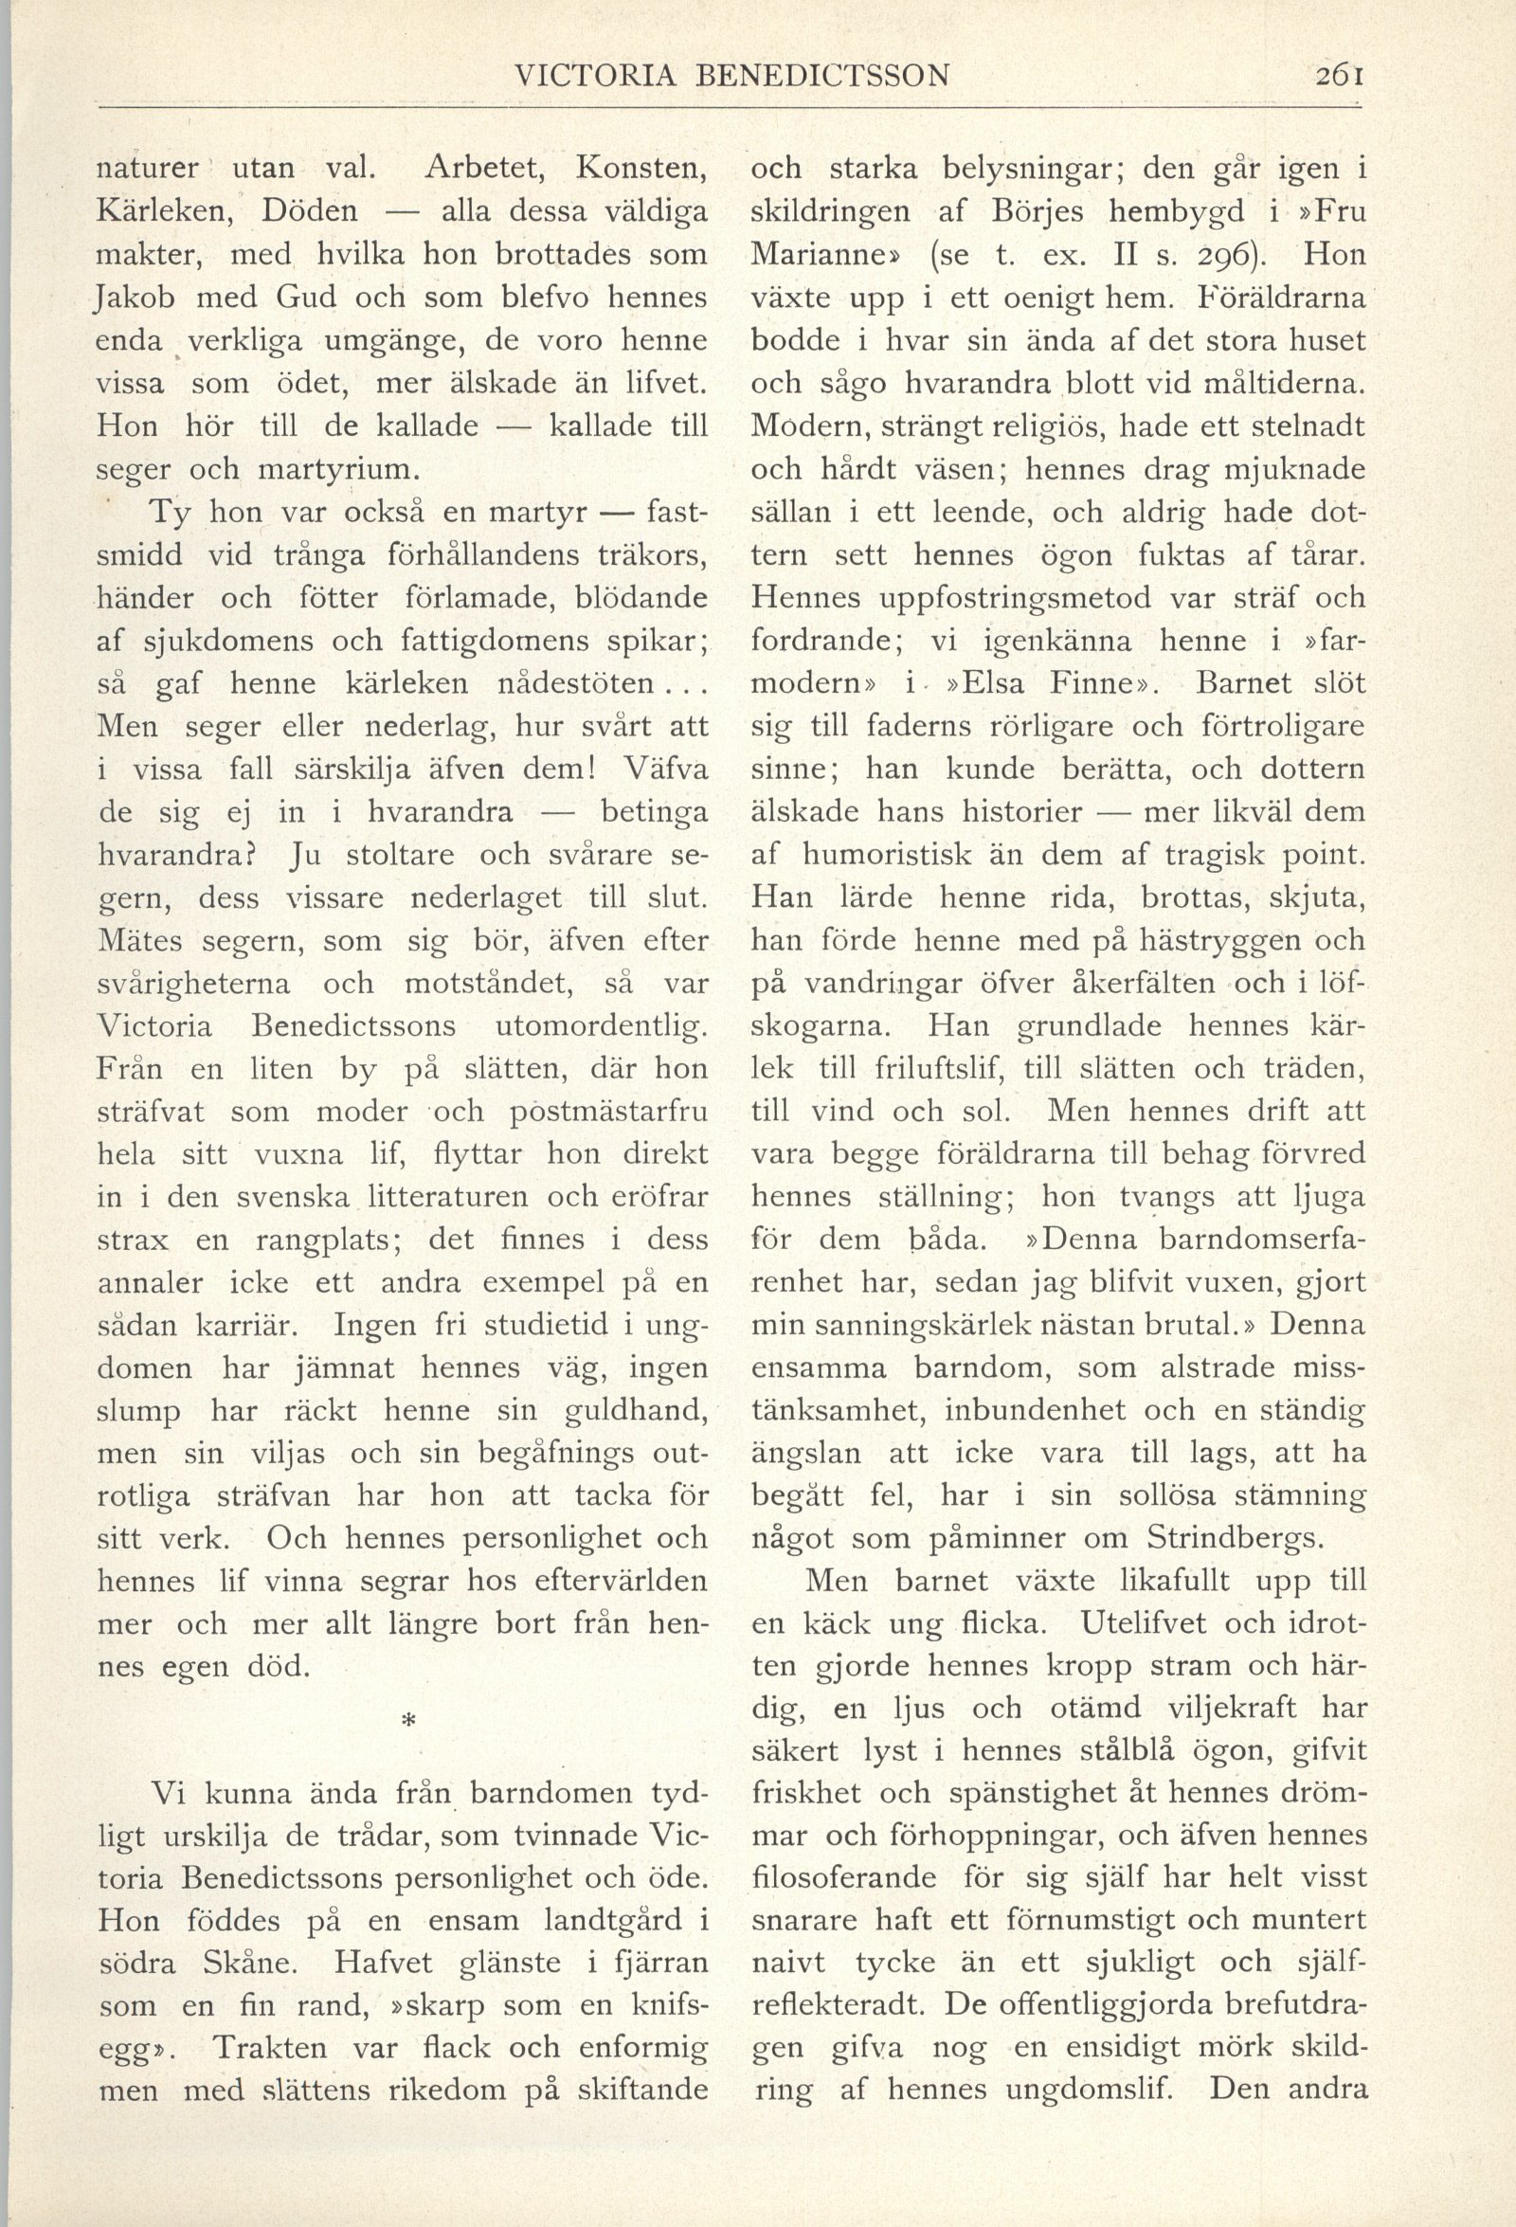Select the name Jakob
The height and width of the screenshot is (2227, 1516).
(x=135, y=299)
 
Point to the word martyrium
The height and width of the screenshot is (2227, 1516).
(x=340, y=470)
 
